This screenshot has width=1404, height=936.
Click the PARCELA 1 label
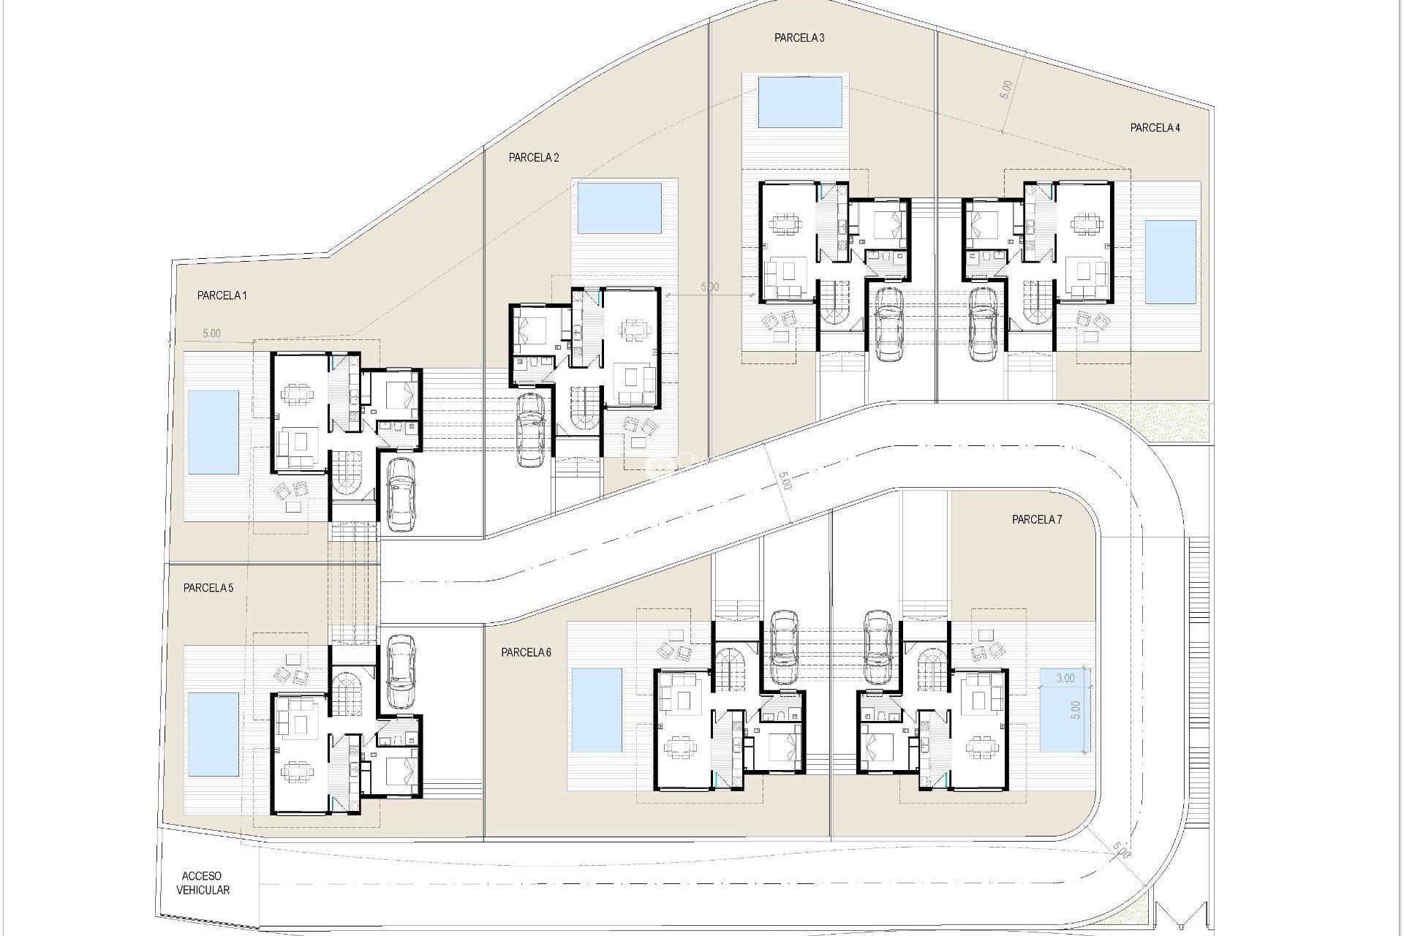[222, 295]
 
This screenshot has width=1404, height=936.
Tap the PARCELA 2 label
[534, 157]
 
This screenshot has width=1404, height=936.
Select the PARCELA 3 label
[799, 38]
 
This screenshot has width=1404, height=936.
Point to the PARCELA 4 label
[1155, 127]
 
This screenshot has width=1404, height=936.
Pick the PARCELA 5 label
[208, 587]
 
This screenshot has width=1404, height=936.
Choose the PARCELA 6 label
[526, 652]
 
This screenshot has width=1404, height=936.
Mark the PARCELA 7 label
[1036, 519]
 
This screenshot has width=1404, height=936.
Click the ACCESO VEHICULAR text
[203, 883]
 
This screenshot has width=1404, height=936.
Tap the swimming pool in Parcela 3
[800, 102]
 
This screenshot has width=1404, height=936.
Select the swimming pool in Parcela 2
[619, 208]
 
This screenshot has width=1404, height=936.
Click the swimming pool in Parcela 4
[1170, 262]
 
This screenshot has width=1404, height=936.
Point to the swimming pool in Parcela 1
[213, 431]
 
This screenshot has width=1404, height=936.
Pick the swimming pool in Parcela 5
[213, 734]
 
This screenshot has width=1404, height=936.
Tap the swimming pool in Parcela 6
[597, 710]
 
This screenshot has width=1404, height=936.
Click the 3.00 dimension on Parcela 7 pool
[1065, 678]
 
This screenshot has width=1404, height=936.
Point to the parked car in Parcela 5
[400, 671]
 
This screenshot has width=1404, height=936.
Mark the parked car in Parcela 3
[888, 323]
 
